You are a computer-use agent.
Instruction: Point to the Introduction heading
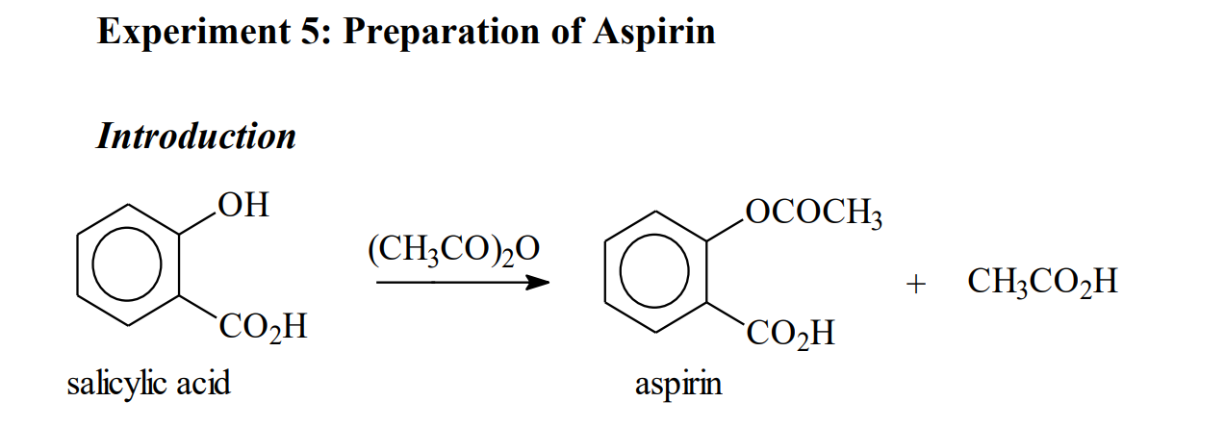coord(196,136)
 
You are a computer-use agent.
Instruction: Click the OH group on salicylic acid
coord(242,205)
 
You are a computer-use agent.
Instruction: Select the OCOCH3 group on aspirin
coord(813,213)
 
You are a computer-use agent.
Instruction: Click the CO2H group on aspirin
coord(790,334)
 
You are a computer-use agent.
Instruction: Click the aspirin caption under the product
coord(677,385)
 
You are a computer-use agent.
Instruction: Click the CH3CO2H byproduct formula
coord(1042,283)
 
